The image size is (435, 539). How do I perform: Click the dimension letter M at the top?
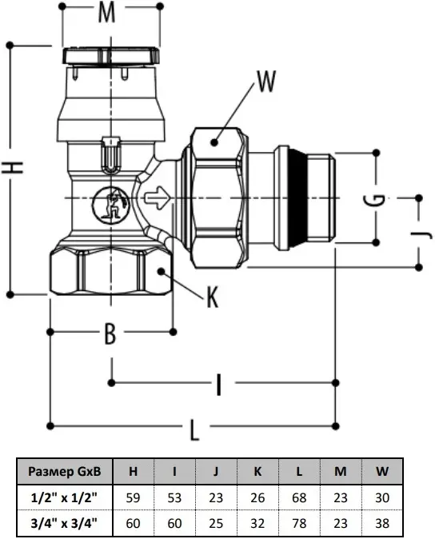tap(107, 13)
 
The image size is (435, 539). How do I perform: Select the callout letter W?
tap(266, 82)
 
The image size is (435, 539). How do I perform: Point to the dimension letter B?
tap(110, 333)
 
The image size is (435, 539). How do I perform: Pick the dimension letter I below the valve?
tap(219, 385)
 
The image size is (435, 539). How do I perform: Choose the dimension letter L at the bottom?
tap(194, 430)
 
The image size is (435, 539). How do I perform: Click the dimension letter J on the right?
tap(421, 234)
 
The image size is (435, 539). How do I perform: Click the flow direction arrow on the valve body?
tap(158, 198)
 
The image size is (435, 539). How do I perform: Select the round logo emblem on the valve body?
tap(110, 205)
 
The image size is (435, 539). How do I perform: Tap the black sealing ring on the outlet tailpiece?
tap(297, 198)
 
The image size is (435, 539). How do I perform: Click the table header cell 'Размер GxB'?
tap(65, 471)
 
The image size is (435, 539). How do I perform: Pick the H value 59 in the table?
tap(133, 497)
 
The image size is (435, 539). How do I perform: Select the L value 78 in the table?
tap(299, 523)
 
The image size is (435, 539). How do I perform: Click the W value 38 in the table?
tap(382, 523)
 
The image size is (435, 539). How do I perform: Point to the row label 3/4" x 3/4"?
tap(64, 523)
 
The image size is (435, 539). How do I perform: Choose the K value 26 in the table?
tap(257, 497)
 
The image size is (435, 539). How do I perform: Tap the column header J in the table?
tap(216, 471)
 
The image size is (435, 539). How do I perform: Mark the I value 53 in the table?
tap(174, 497)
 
